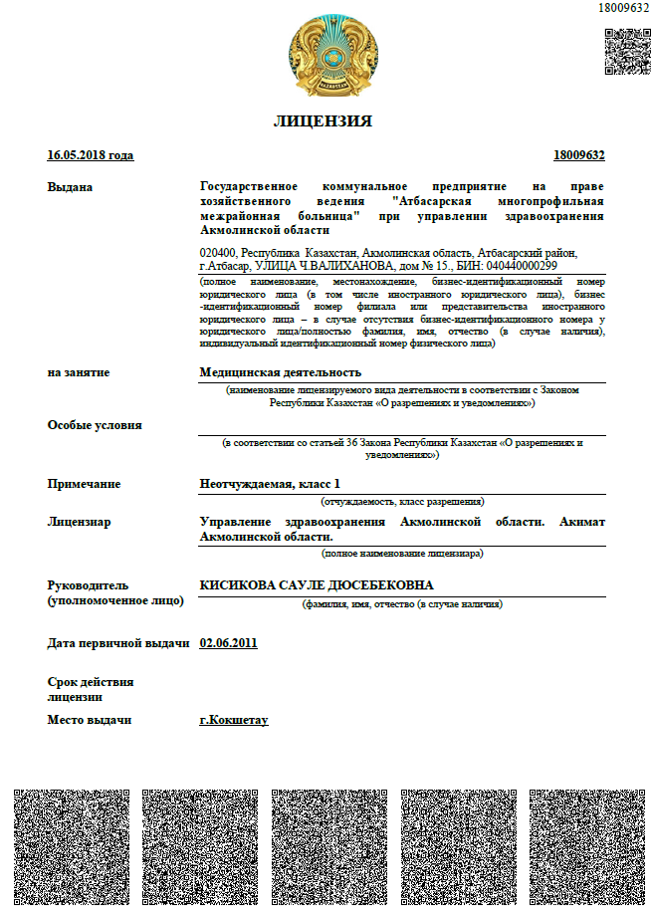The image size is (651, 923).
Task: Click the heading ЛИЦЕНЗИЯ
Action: click(x=323, y=121)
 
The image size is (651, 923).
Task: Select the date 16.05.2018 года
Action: click(x=90, y=155)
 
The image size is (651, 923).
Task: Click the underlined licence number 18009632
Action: click(x=578, y=155)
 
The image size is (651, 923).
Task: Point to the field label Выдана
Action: click(x=70, y=187)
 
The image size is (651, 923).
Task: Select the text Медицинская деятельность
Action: click(x=274, y=372)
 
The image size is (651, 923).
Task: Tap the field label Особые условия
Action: click(x=95, y=425)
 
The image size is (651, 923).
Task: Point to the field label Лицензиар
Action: click(x=80, y=522)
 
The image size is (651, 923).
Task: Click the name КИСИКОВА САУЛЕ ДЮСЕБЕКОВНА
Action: click(x=317, y=585)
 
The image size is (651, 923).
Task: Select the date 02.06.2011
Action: click(x=228, y=643)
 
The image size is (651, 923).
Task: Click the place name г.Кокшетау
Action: click(x=234, y=719)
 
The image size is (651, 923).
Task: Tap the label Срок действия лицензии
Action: click(x=91, y=690)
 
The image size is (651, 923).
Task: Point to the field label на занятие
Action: click(x=79, y=372)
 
